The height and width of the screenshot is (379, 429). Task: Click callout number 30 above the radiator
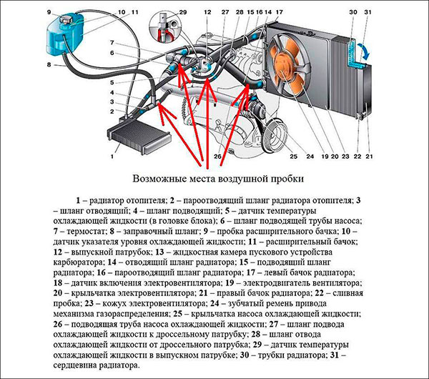click(352, 12)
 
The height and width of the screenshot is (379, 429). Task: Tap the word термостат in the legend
click(94, 232)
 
